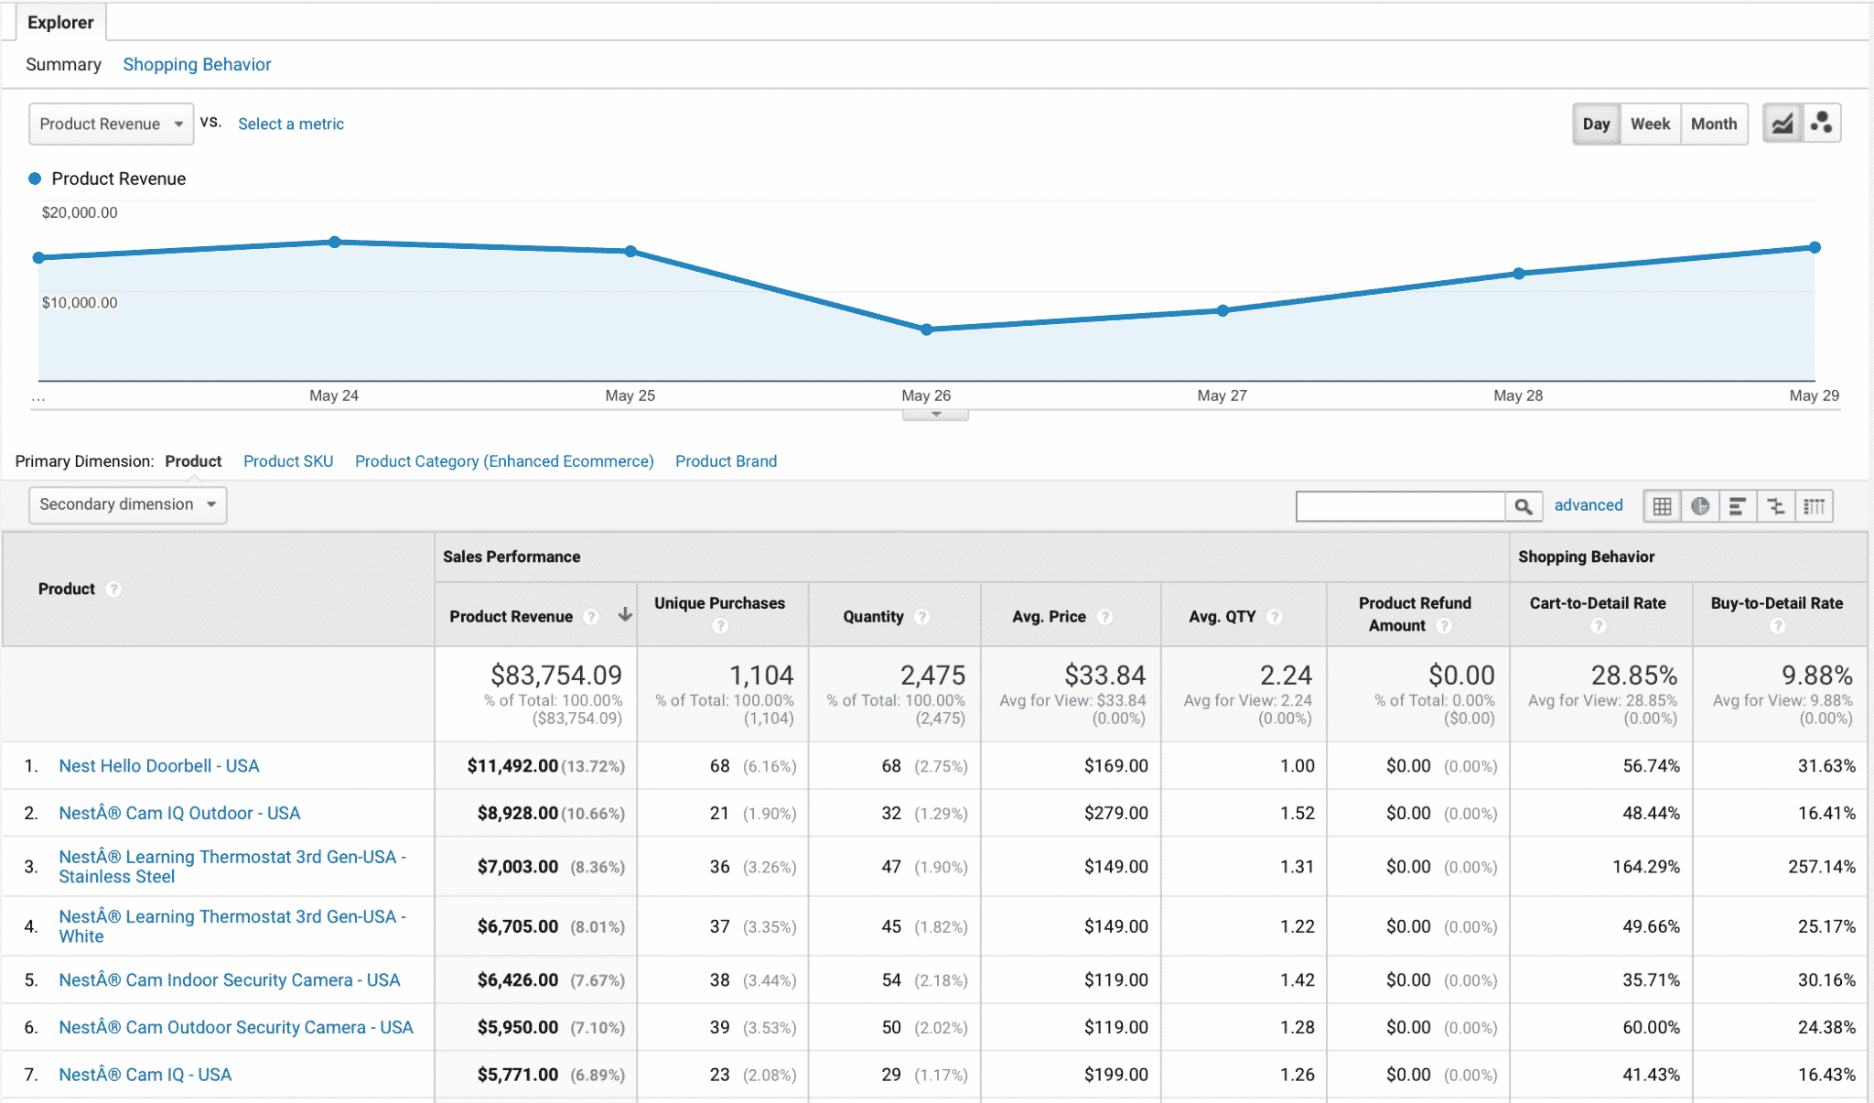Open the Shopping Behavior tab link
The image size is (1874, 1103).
[x=197, y=65]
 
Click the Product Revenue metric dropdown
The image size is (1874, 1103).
[x=111, y=124]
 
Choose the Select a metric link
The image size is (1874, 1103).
[x=291, y=124]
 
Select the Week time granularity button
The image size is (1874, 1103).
[x=1650, y=124]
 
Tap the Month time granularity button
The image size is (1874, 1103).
[x=1713, y=124]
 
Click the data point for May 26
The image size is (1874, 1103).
[x=926, y=330]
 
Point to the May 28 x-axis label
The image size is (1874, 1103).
[x=1517, y=395]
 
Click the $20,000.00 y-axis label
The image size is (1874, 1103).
[x=80, y=212]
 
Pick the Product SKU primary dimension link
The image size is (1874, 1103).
[x=288, y=461]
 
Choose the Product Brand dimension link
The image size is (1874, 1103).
[x=726, y=461]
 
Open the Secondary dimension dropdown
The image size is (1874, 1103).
[x=127, y=504]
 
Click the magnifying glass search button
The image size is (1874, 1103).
[x=1523, y=506]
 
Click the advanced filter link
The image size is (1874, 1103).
[x=1588, y=505]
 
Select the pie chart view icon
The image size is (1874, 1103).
[x=1700, y=506]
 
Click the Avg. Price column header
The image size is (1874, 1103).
[x=1049, y=616]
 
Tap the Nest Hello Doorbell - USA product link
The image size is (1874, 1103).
[x=159, y=765]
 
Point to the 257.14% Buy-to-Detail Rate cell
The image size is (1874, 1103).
[x=1821, y=867]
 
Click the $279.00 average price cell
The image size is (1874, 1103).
[x=1115, y=813]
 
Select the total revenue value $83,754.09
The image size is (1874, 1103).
[x=555, y=676]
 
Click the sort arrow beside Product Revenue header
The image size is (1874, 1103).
[x=625, y=614]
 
